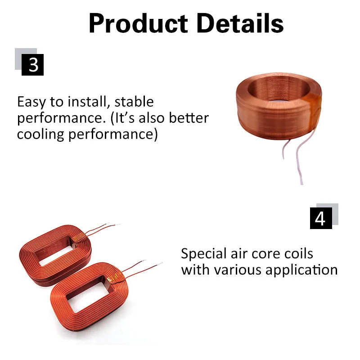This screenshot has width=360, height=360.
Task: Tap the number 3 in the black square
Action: coord(33,65)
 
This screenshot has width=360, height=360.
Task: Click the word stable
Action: coord(135,102)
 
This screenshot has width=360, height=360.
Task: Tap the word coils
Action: coord(299,253)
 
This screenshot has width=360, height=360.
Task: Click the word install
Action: coord(87,102)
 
